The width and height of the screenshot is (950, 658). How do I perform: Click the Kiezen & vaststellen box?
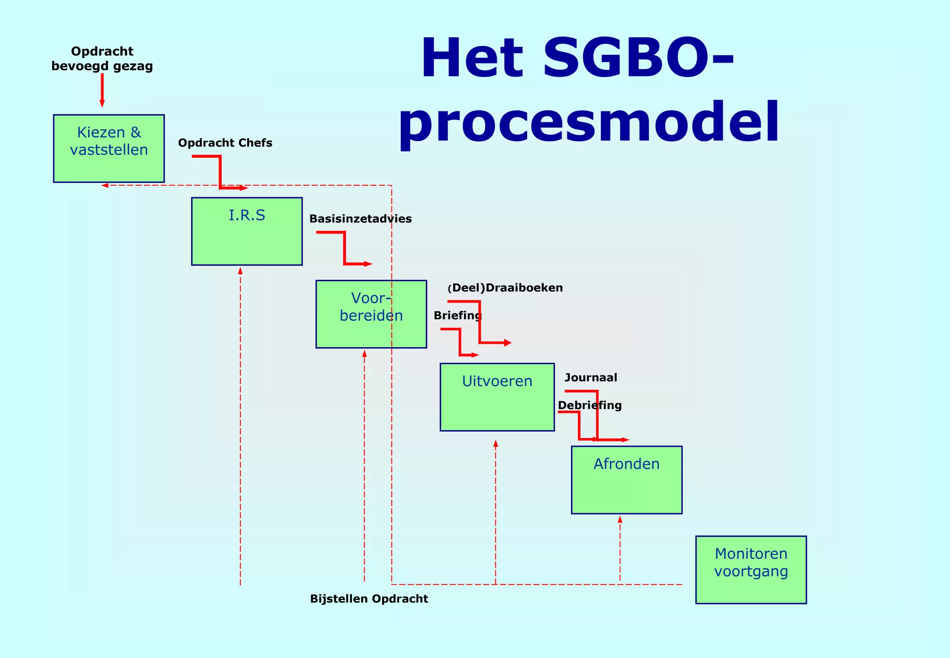click(x=109, y=148)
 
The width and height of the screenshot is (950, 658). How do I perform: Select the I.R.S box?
click(x=247, y=231)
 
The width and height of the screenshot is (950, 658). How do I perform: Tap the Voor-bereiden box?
click(x=371, y=314)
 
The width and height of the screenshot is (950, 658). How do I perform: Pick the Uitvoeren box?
click(x=497, y=397)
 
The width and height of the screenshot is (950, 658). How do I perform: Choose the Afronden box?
click(x=626, y=480)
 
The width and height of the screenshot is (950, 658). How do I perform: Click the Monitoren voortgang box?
click(x=751, y=570)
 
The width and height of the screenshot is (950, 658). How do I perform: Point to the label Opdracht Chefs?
click(x=225, y=143)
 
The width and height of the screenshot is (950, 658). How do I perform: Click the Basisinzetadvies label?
click(x=360, y=219)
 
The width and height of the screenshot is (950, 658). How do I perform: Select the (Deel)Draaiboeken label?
click(x=506, y=288)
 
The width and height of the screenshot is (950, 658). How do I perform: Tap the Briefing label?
click(x=457, y=316)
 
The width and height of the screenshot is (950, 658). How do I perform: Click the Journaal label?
click(x=591, y=378)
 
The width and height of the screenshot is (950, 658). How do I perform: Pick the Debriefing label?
click(x=589, y=406)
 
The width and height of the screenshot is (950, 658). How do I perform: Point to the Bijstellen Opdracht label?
click(x=369, y=599)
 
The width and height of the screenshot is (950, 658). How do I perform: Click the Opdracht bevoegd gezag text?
click(x=102, y=58)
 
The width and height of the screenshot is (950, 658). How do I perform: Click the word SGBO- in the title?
click(x=638, y=58)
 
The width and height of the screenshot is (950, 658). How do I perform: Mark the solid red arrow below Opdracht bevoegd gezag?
click(x=102, y=90)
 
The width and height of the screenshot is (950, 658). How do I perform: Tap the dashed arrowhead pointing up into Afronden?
click(x=620, y=520)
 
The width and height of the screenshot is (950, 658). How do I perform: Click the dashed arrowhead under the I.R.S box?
click(x=240, y=271)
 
